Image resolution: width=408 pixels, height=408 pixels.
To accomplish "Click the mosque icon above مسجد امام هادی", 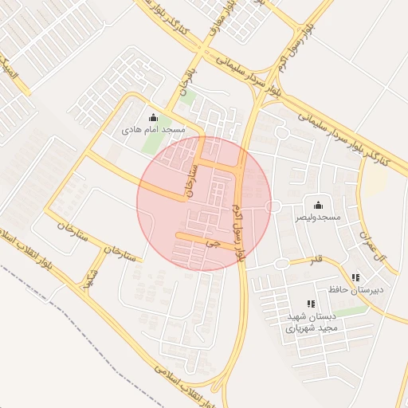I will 153,118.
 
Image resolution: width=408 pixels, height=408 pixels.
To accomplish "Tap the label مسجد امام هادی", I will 153,128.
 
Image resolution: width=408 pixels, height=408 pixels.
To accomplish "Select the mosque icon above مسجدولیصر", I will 318,205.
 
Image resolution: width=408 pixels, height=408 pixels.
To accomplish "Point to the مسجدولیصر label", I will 318,216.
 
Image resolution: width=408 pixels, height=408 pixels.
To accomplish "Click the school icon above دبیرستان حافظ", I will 355,278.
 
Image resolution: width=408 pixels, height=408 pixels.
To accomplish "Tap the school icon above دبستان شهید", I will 311,304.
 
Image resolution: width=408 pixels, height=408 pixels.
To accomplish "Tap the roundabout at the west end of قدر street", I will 280,264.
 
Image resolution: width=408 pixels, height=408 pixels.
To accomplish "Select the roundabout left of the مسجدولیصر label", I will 274,206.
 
